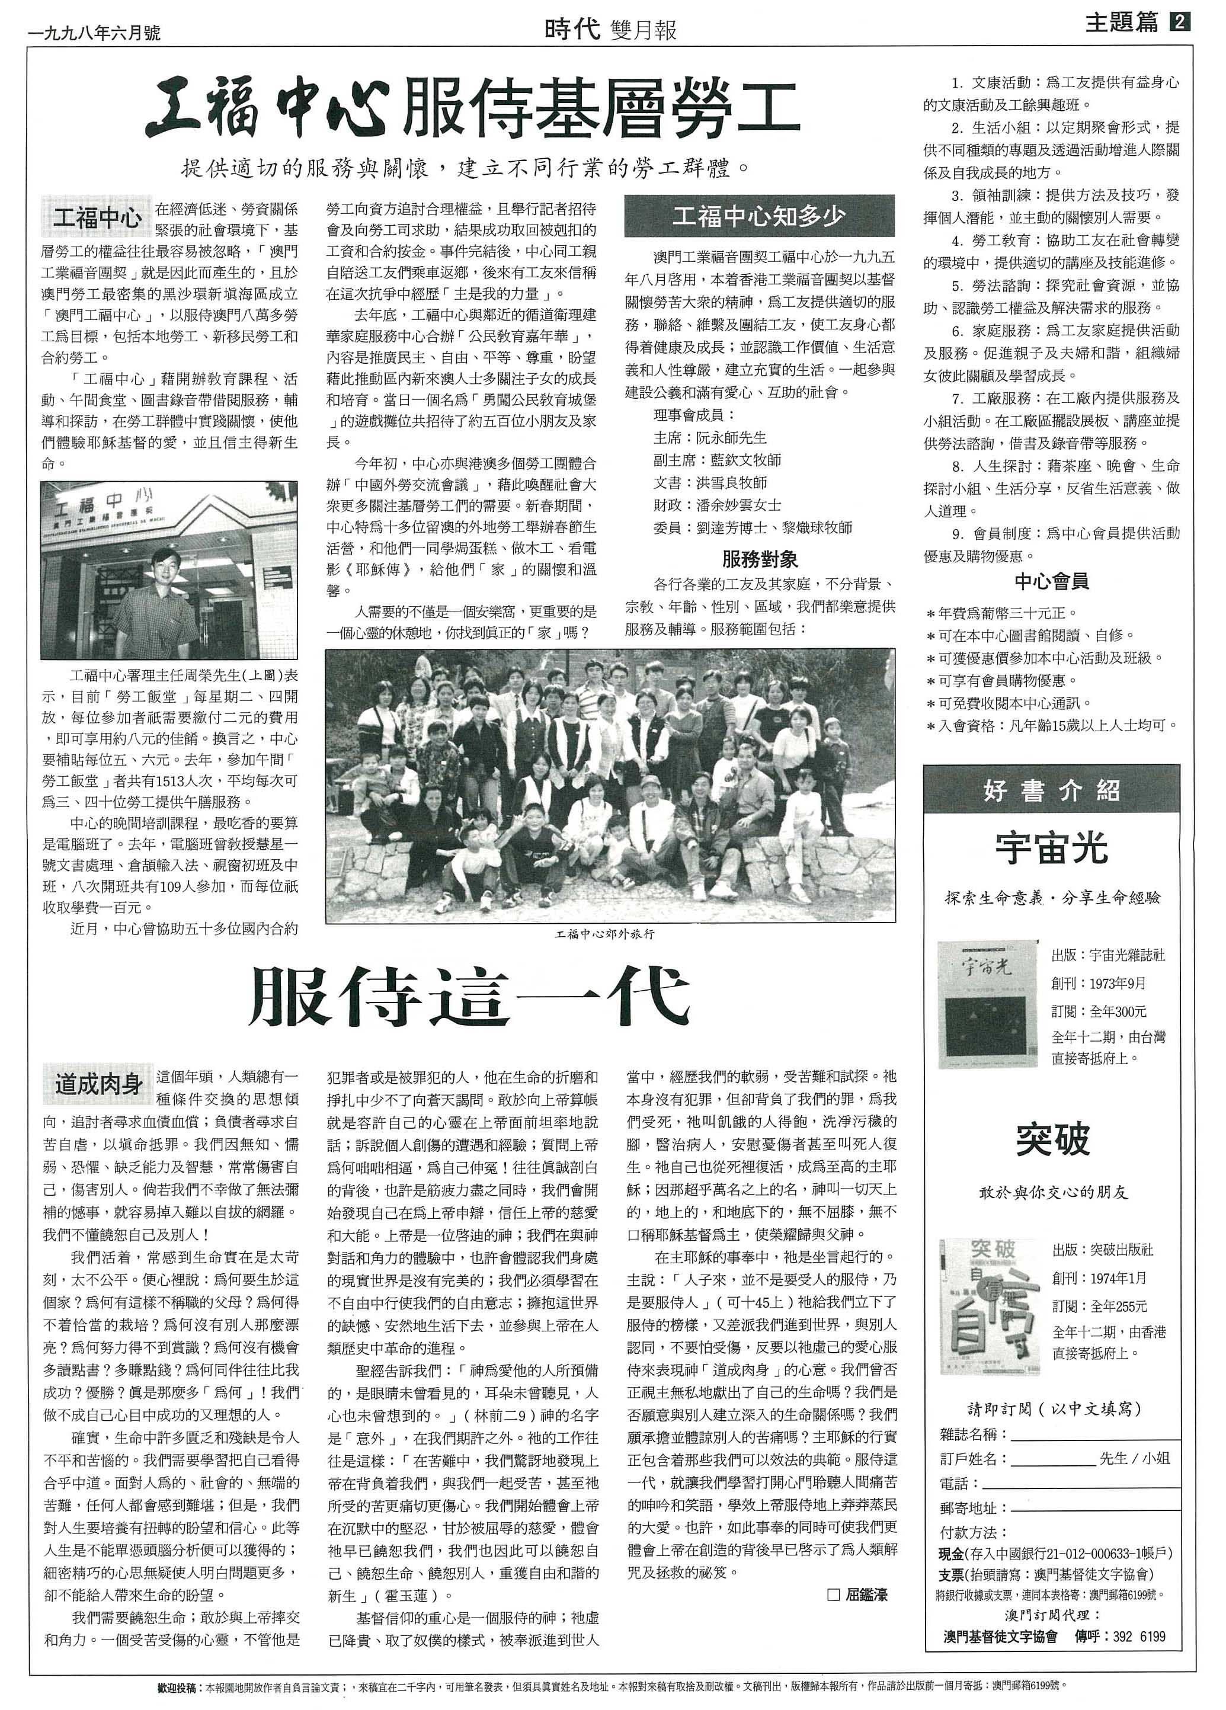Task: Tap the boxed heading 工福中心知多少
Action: (x=758, y=216)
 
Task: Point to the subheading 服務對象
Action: (x=759, y=559)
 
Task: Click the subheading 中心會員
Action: (x=1051, y=581)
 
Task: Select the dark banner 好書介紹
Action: (x=1051, y=790)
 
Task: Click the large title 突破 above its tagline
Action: (x=1052, y=1140)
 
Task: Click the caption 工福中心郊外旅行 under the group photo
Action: (x=605, y=934)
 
